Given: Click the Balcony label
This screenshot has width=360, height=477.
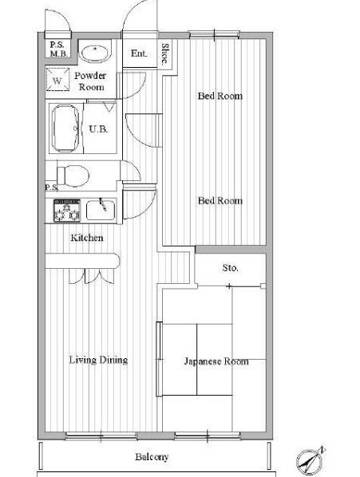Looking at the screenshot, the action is point(152,456).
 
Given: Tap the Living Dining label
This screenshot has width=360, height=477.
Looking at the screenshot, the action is point(98,360).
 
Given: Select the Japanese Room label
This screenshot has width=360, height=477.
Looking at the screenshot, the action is point(216,361).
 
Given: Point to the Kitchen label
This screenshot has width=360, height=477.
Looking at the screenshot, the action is point(87,238).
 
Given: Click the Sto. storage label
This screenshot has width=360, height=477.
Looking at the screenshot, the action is point(231,268).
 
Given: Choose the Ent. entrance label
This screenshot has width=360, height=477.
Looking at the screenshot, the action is point(139,53).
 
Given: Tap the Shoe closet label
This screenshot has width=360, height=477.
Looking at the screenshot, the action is point(165,54).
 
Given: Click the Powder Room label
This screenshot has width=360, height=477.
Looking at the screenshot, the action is point(91,81).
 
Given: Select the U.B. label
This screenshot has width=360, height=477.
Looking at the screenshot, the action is point(99,129).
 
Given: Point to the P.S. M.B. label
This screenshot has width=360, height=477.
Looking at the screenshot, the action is point(58,49).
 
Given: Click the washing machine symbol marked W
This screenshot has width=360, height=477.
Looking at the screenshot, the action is point(57,79).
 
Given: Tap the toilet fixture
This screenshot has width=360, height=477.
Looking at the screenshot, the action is point(73,175).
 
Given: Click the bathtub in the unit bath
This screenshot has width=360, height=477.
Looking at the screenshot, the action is point(65,128).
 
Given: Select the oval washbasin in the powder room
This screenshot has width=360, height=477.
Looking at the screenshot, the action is point(95,54).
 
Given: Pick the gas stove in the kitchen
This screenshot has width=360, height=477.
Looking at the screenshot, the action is point(67,211).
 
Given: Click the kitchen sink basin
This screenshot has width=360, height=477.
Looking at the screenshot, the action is point(101,210).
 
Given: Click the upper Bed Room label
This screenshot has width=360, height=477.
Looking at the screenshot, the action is point(220,96).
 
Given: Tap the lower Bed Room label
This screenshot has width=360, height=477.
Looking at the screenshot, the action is point(220,201).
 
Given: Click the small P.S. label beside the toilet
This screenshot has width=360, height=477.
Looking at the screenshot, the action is point(52,187).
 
